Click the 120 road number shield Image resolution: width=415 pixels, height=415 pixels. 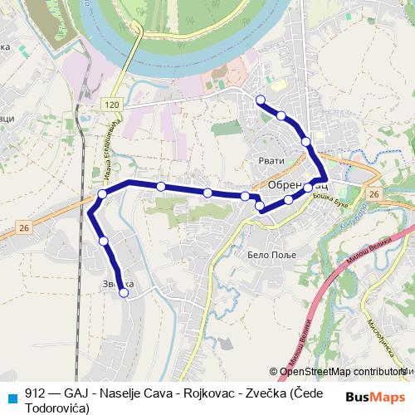click(113, 104)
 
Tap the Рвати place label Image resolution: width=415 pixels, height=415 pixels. click(271, 160)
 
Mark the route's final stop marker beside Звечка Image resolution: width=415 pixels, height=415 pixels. click(124, 292)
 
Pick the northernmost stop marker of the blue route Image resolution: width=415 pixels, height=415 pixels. click(261, 100)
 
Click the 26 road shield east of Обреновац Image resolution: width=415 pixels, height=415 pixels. click(373, 194)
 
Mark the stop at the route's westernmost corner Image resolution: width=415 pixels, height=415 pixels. click(102, 194)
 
